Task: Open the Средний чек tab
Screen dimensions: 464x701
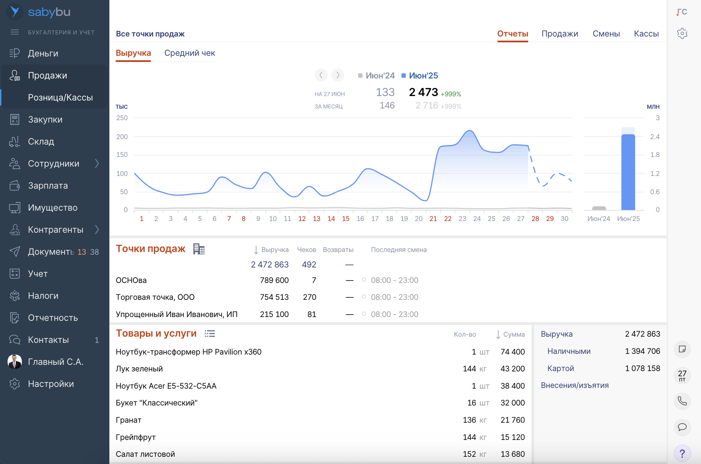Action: click(x=190, y=53)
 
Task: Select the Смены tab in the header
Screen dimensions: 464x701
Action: click(x=606, y=34)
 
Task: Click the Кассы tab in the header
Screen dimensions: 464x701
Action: click(x=646, y=34)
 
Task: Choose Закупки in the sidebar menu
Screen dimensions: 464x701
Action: click(x=45, y=119)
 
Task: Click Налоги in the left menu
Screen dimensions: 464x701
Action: click(x=43, y=296)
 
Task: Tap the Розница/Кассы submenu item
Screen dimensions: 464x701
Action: click(x=60, y=97)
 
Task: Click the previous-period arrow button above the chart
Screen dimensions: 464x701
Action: click(x=321, y=75)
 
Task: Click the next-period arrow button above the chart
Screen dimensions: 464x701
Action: click(x=338, y=75)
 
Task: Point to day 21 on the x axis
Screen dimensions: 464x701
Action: click(x=433, y=219)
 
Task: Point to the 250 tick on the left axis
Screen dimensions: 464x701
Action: click(x=122, y=118)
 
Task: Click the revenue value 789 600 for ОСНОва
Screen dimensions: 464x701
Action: click(x=274, y=280)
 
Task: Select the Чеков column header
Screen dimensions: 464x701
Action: click(x=306, y=250)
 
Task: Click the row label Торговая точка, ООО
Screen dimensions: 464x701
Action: click(x=155, y=297)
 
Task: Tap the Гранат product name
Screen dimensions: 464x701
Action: click(x=129, y=420)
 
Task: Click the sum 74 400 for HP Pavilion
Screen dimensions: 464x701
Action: click(x=513, y=352)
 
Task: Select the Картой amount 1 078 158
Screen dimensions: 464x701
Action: click(x=643, y=368)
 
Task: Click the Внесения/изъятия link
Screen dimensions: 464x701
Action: click(x=574, y=385)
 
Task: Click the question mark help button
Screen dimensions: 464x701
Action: click(x=682, y=453)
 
